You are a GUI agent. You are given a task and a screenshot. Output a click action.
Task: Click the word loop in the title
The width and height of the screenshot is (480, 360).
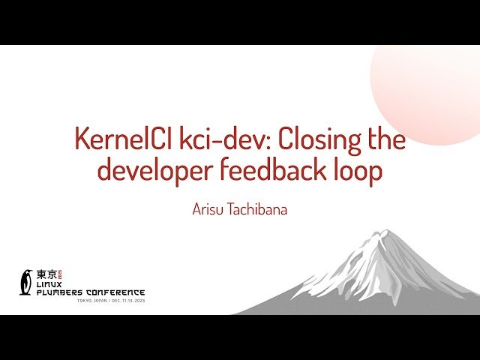(x=358, y=170)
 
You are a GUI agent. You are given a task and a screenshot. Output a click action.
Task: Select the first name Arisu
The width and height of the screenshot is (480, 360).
(x=211, y=208)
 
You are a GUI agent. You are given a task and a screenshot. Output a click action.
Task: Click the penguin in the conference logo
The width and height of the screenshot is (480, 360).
(x=27, y=281)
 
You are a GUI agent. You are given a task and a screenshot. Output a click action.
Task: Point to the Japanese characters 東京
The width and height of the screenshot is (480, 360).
(x=46, y=274)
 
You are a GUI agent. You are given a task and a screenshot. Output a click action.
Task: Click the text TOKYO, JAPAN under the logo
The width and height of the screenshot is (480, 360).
(x=93, y=301)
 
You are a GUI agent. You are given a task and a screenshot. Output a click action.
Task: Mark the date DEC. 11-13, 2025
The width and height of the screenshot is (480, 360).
(x=128, y=301)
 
